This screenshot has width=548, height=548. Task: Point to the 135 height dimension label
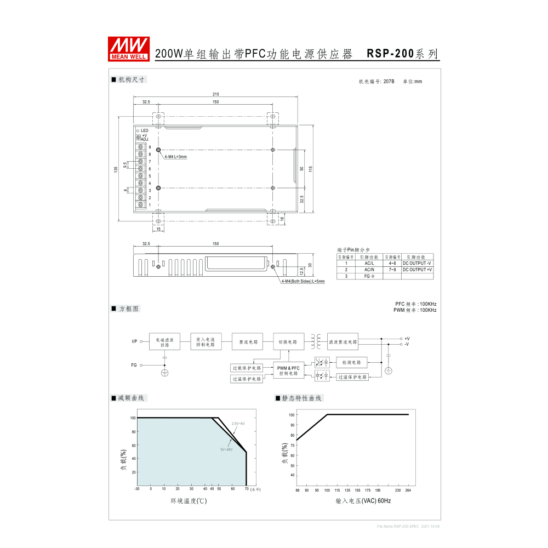[116, 170]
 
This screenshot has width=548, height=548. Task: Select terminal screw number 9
[141, 147]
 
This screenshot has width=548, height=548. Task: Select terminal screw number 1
[141, 204]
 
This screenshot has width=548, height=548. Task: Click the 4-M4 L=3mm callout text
[175, 157]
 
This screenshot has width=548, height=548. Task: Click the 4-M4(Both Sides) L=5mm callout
[303, 281]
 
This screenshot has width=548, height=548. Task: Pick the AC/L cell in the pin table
[369, 263]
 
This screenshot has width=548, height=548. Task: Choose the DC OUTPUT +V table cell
[417, 270]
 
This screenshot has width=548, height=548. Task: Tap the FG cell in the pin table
[369, 276]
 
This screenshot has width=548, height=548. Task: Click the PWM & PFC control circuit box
[288, 370]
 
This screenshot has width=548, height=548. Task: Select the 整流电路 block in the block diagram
[247, 341]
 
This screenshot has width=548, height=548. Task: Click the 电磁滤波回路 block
[165, 342]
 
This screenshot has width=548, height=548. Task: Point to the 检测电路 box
[351, 362]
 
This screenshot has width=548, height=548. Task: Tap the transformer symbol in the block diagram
[316, 341]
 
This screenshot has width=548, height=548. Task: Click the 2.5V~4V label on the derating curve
[238, 424]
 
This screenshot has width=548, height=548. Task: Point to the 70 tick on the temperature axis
[247, 489]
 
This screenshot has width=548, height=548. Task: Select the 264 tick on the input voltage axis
[408, 490]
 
